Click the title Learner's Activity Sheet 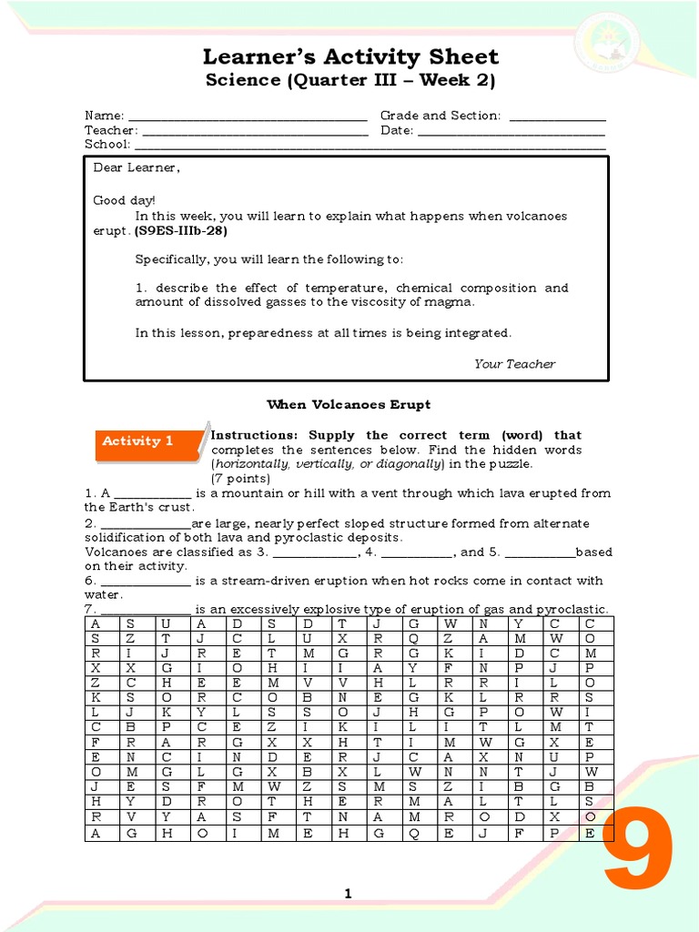pyautogui.click(x=349, y=58)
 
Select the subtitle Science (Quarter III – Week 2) pyautogui.click(x=349, y=81)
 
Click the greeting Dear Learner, pyautogui.click(x=137, y=168)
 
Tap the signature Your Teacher pyautogui.click(x=514, y=364)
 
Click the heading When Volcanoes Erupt pyautogui.click(x=349, y=404)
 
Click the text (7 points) pyautogui.click(x=240, y=479)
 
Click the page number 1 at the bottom pyautogui.click(x=348, y=895)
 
